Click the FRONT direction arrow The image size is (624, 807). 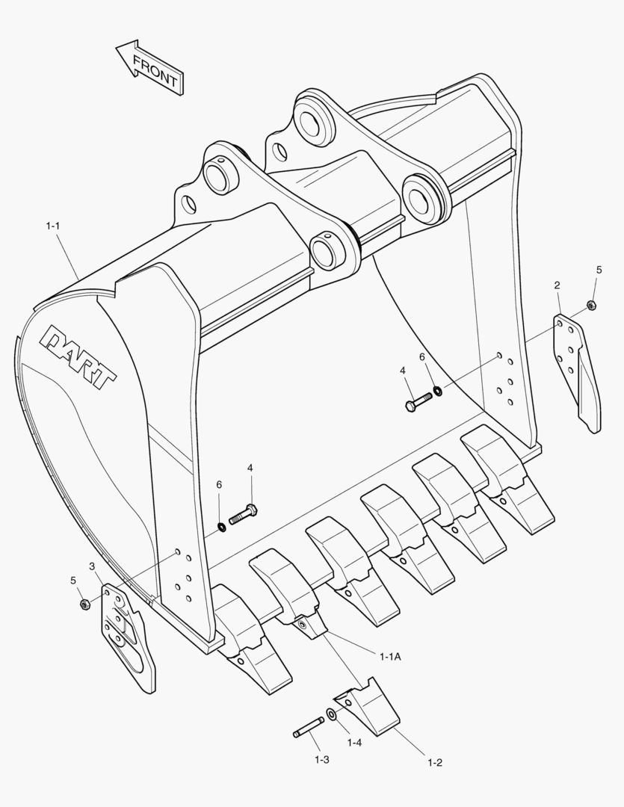click(x=149, y=67)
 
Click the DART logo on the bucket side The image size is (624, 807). click(x=79, y=358)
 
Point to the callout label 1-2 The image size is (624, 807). click(x=435, y=762)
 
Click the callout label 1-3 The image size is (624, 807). click(x=321, y=759)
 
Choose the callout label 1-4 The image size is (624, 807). click(x=354, y=743)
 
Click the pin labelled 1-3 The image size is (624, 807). click(x=308, y=728)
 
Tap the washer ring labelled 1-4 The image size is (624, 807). click(x=332, y=716)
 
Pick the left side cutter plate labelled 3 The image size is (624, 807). click(x=127, y=635)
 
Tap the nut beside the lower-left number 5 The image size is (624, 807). click(x=84, y=603)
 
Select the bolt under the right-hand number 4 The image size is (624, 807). click(x=418, y=401)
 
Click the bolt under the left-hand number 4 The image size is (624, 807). click(x=242, y=515)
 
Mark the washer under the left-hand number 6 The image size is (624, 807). click(x=222, y=528)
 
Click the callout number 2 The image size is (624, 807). click(x=557, y=285)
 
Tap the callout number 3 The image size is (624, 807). click(x=91, y=566)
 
